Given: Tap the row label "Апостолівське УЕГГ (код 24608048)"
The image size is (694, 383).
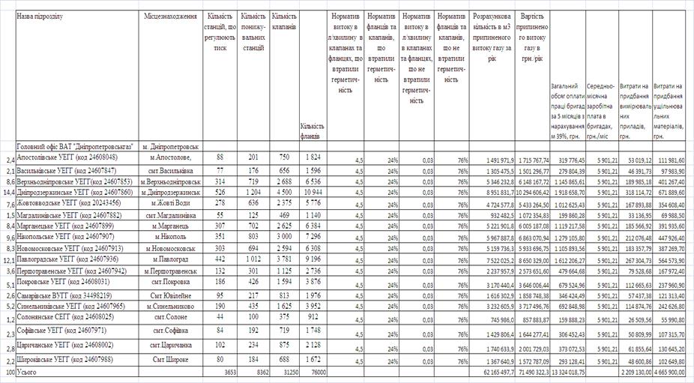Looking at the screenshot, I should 67,157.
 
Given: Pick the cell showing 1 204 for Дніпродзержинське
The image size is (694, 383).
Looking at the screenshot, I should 253,192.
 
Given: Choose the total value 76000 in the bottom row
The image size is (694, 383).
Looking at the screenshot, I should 313,372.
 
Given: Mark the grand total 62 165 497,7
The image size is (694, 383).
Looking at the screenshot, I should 491,372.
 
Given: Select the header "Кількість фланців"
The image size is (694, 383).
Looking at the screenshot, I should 311,132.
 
